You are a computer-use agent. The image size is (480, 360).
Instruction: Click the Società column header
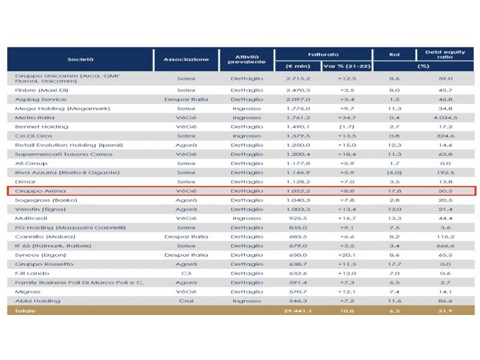80,59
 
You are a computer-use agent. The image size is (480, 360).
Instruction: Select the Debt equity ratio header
445,55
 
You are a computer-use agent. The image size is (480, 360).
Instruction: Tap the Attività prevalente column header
246,59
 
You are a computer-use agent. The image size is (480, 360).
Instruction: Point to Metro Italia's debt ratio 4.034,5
445,118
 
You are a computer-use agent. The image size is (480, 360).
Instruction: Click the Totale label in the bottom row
26,311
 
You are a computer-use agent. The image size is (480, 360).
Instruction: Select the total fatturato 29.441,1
297,311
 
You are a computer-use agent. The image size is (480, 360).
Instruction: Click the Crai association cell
186,301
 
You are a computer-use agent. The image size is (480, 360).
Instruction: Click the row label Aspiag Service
41,100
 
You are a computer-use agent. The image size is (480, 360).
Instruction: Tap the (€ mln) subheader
298,65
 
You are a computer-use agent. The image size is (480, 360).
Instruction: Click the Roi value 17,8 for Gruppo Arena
393,191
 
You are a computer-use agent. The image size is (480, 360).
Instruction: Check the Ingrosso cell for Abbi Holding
246,301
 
